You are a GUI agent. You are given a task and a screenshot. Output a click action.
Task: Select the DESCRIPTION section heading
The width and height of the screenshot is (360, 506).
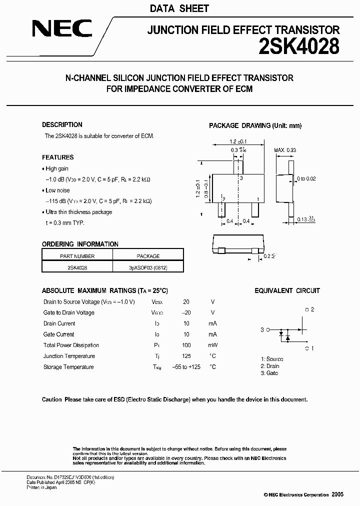tap(62, 125)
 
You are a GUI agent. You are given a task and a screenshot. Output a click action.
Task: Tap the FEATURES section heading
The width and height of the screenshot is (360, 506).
tap(57, 157)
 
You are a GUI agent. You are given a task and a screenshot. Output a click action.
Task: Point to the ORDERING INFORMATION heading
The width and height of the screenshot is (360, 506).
tap(80, 244)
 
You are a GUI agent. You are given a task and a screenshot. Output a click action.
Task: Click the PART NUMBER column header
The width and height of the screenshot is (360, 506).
tap(77, 256)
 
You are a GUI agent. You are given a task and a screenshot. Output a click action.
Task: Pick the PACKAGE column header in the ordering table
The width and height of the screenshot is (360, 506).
tap(148, 256)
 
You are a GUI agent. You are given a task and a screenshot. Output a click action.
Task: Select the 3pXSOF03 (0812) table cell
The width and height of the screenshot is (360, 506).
tap(148, 267)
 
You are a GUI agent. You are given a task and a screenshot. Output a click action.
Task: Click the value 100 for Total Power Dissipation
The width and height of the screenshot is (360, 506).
tap(186, 345)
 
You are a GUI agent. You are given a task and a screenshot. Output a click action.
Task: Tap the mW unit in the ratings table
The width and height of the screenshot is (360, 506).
tap(212, 345)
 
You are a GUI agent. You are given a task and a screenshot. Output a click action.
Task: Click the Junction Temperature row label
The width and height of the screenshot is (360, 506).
tap(69, 356)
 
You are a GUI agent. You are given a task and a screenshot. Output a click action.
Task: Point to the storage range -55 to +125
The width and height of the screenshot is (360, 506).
tap(186, 367)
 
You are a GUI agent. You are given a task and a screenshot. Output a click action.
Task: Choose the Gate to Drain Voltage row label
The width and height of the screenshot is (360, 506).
tap(69, 313)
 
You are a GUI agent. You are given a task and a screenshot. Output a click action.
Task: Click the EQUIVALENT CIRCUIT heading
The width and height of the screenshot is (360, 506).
tap(287, 290)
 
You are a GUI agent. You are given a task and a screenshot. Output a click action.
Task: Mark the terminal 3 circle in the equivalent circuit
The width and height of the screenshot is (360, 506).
tap(268, 330)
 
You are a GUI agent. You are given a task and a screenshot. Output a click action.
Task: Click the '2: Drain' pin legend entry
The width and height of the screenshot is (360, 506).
tap(269, 366)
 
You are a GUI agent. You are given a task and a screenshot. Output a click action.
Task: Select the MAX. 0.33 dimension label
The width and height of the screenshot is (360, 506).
tap(285, 150)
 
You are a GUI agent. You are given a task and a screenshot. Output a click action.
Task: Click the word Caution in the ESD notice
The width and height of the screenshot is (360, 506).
tap(52, 399)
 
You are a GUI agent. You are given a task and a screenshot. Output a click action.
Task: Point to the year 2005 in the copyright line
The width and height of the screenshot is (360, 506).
tap(337, 494)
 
